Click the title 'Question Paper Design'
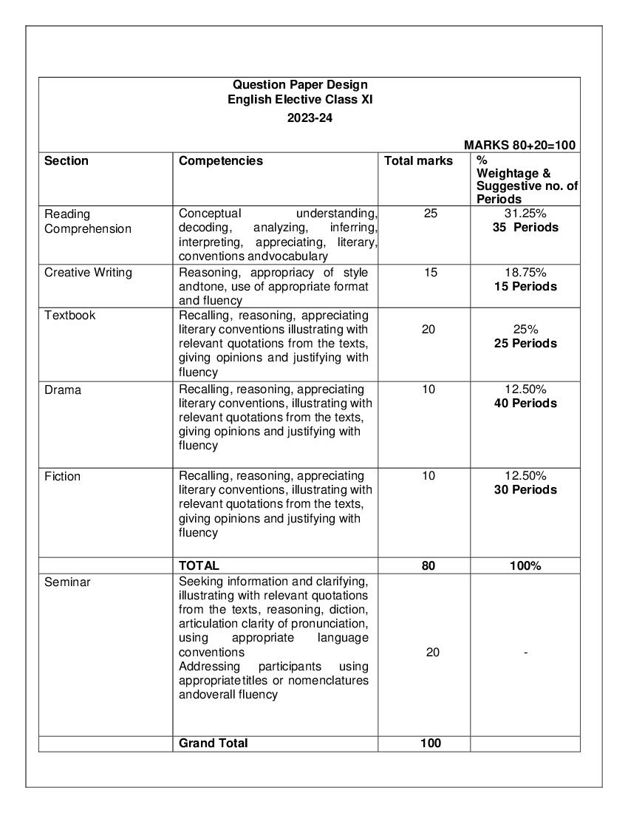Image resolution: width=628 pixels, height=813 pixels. tap(300, 85)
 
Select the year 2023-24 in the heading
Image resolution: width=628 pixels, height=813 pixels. tap(310, 118)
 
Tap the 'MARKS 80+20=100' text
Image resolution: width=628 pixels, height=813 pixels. tap(520, 146)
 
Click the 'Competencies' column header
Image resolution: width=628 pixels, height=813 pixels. tap(221, 161)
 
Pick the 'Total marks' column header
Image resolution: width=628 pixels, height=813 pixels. tap(418, 161)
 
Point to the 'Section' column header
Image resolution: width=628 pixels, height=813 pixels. tap(66, 161)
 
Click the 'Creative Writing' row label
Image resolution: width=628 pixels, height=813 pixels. tap(88, 272)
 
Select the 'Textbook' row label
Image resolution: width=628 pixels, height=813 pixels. tap(69, 315)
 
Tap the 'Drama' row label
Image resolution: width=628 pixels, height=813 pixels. tap(63, 390)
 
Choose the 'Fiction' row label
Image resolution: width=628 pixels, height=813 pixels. tap(63, 477)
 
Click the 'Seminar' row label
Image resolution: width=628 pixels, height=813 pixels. tap(67, 582)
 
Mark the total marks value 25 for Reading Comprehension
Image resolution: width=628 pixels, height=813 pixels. tap(430, 214)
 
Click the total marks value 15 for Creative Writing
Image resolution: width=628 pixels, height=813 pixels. tap(430, 272)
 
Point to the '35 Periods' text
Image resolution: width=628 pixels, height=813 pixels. tap(525, 228)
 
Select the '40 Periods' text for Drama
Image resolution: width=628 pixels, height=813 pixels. tap(525, 404)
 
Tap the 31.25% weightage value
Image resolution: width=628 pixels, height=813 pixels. tap(525, 214)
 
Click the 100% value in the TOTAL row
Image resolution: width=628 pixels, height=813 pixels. tap(525, 566)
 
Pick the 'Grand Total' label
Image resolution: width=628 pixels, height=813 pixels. tap(214, 743)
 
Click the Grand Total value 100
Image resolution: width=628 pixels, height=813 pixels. tap(430, 743)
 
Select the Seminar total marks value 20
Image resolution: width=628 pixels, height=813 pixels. tap(432, 653)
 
